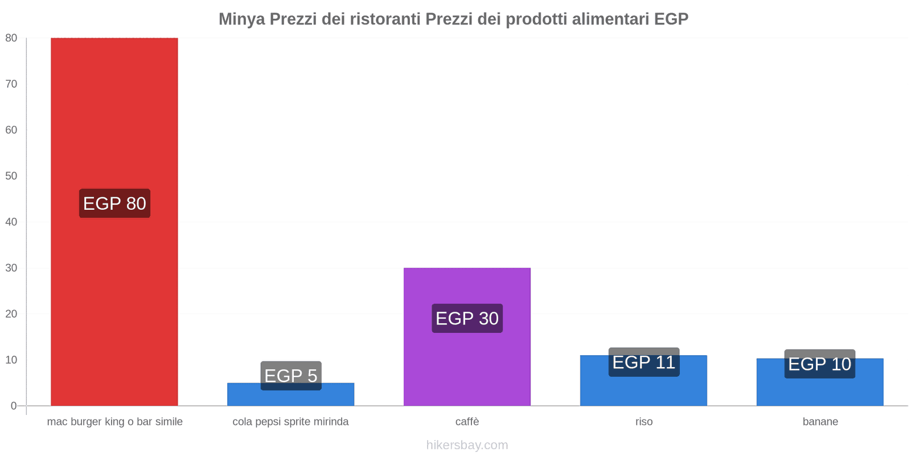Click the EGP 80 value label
pos(114,203)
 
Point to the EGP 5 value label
pos(291,376)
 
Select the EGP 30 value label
pos(467,318)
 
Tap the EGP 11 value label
pos(643,362)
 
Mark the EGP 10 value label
pos(819,364)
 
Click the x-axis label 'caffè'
pos(467,422)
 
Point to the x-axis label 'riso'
pos(644,422)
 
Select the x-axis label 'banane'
pos(820,422)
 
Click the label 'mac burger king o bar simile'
pos(114,422)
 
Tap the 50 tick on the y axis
pos(11,176)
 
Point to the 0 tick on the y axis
pos(14,406)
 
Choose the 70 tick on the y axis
pos(11,84)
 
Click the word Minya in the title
pos(241,19)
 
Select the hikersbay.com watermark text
pos(467,445)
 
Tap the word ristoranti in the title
pos(384,19)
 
